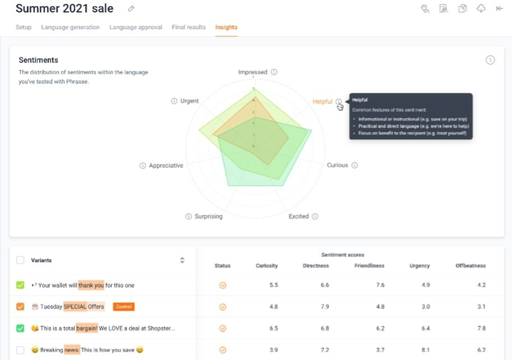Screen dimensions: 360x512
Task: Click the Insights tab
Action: pos(226,27)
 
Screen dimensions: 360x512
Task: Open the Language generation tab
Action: pos(70,27)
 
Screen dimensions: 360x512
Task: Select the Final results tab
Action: pos(188,27)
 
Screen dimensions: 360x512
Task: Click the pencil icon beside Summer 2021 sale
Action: pos(131,9)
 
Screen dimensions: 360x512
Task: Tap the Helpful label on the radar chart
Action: pos(322,102)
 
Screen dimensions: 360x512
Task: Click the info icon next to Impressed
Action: pos(274,72)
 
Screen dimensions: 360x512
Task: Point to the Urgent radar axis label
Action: pos(189,101)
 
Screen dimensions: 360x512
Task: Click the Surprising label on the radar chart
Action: pos(208,216)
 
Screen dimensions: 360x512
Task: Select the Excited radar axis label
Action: pos(298,216)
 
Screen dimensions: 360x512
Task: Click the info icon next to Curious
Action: pos(354,165)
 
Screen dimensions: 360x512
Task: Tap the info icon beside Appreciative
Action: pos(143,166)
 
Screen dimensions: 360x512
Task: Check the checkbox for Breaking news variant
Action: pos(20,349)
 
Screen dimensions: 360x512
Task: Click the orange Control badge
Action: pos(124,307)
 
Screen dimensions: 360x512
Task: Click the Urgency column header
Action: pos(420,265)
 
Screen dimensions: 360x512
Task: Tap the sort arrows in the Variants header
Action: pos(182,260)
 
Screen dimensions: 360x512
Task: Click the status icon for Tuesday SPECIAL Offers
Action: pos(223,307)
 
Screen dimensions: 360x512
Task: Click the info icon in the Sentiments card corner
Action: pos(490,60)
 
